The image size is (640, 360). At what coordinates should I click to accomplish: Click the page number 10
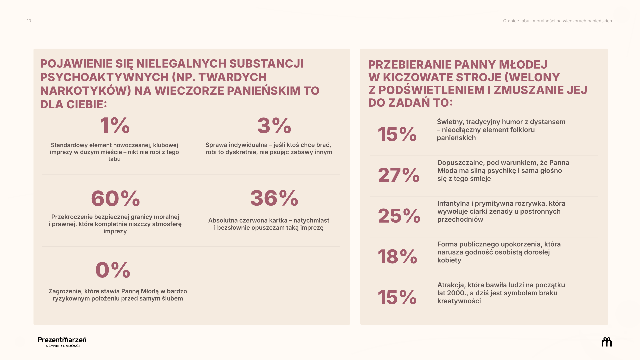29,21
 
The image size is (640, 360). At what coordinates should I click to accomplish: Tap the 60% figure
115,198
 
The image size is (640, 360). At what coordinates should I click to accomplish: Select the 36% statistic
274,198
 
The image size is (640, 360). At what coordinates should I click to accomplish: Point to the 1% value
115,126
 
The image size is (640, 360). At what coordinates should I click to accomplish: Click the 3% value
274,126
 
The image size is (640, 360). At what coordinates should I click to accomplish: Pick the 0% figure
113,270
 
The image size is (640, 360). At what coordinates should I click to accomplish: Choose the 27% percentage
399,175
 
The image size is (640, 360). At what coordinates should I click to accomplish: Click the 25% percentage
399,216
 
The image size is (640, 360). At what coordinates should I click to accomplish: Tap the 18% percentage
397,257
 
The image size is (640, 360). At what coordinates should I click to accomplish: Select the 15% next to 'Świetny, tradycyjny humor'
397,134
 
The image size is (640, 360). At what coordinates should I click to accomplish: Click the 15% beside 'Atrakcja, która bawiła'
397,297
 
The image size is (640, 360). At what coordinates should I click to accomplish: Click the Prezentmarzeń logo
62,342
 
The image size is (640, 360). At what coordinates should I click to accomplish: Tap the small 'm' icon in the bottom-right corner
607,342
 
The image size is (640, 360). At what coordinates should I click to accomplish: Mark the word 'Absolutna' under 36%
221,220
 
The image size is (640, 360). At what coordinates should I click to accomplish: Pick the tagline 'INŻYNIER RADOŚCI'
62,346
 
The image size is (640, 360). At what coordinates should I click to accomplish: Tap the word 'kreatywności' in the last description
459,301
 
